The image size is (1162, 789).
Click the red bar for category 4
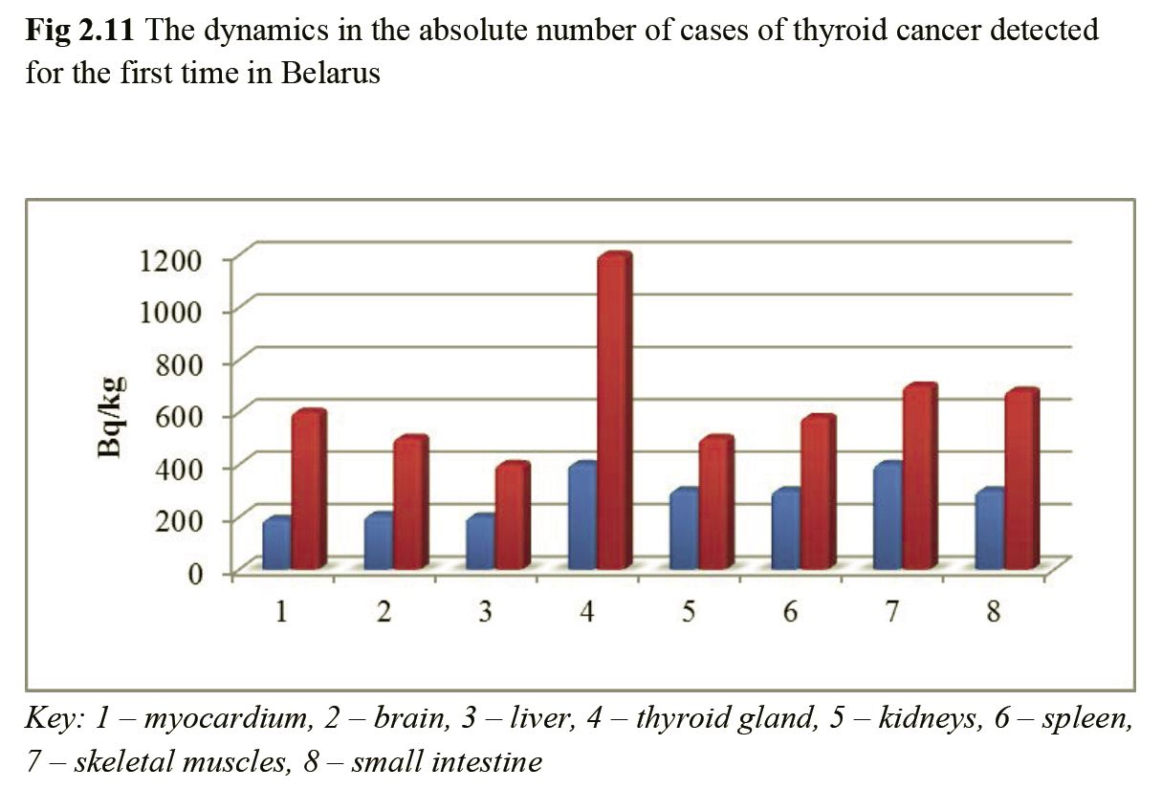point(614,411)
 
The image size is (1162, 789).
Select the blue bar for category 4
point(581,516)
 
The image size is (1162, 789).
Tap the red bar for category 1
point(308,488)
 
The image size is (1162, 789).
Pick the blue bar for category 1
point(276,545)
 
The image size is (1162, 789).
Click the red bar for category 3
point(512,516)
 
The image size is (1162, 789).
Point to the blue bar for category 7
point(886,516)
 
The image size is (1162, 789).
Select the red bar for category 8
point(1020,478)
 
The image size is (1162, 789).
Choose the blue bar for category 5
point(683,531)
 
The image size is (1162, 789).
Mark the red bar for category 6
point(818,493)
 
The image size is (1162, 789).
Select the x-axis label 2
point(384,612)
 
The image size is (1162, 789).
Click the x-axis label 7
point(891,612)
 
